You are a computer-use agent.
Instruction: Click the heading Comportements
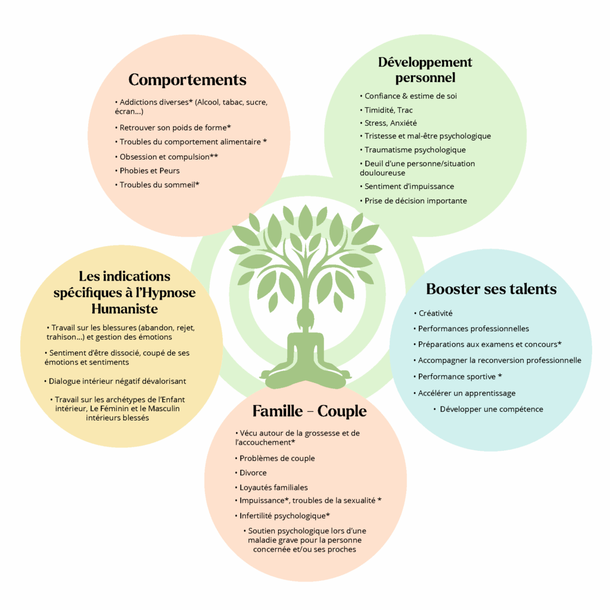[188, 80]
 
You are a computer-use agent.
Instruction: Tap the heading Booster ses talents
[491, 289]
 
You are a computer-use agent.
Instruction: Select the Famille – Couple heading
[309, 411]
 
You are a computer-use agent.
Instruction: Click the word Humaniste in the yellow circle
[125, 309]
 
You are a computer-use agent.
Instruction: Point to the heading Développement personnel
[425, 70]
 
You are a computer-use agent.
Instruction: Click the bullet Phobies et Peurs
[147, 171]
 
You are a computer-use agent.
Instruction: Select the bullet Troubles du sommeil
[157, 185]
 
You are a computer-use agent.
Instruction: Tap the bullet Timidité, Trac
[386, 110]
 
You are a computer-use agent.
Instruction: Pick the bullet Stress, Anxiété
[388, 123]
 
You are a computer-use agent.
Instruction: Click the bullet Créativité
[433, 313]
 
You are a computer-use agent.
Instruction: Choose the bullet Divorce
[251, 473]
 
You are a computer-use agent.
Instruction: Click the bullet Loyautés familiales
[271, 487]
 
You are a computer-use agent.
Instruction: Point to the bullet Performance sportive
[457, 376]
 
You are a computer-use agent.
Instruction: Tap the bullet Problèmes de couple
[275, 458]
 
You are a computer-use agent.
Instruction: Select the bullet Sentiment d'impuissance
[406, 186]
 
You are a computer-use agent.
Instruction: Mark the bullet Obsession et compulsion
[167, 157]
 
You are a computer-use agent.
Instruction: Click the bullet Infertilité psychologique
[282, 516]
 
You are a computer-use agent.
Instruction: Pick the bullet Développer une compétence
[488, 409]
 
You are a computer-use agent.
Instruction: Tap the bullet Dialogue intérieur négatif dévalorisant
[115, 381]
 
